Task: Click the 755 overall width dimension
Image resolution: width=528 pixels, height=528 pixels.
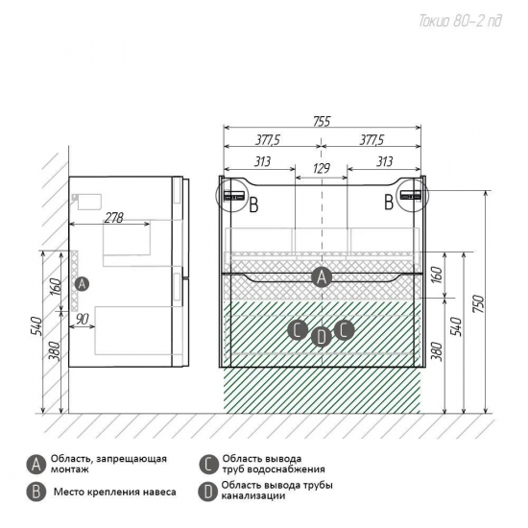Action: (322, 122)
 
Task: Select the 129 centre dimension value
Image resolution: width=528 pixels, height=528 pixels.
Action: (322, 168)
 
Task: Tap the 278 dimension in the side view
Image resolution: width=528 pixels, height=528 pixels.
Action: (114, 218)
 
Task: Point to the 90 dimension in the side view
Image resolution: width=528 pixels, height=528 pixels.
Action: (83, 320)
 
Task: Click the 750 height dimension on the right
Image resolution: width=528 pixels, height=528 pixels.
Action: (478, 303)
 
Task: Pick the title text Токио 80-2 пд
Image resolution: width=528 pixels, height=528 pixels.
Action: (460, 21)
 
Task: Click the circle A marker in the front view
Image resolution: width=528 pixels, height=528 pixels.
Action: (322, 277)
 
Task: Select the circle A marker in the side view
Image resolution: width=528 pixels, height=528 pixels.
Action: (82, 284)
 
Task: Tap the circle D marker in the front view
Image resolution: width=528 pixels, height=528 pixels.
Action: (322, 337)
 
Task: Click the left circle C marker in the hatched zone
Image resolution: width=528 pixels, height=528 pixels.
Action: (298, 330)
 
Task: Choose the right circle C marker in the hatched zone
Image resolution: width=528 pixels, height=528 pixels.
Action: (344, 329)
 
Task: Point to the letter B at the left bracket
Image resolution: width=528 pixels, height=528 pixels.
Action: (253, 204)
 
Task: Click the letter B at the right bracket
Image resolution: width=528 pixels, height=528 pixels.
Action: (389, 202)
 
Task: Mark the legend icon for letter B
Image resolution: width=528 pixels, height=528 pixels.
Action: (36, 492)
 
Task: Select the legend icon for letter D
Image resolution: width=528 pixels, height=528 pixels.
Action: (208, 492)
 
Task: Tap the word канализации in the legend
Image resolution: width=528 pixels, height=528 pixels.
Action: (253, 496)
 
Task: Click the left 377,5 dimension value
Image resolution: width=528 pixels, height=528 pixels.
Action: (268, 140)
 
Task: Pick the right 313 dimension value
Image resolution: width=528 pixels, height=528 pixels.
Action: (384, 161)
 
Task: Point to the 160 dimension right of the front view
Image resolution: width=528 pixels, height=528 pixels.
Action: (437, 275)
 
